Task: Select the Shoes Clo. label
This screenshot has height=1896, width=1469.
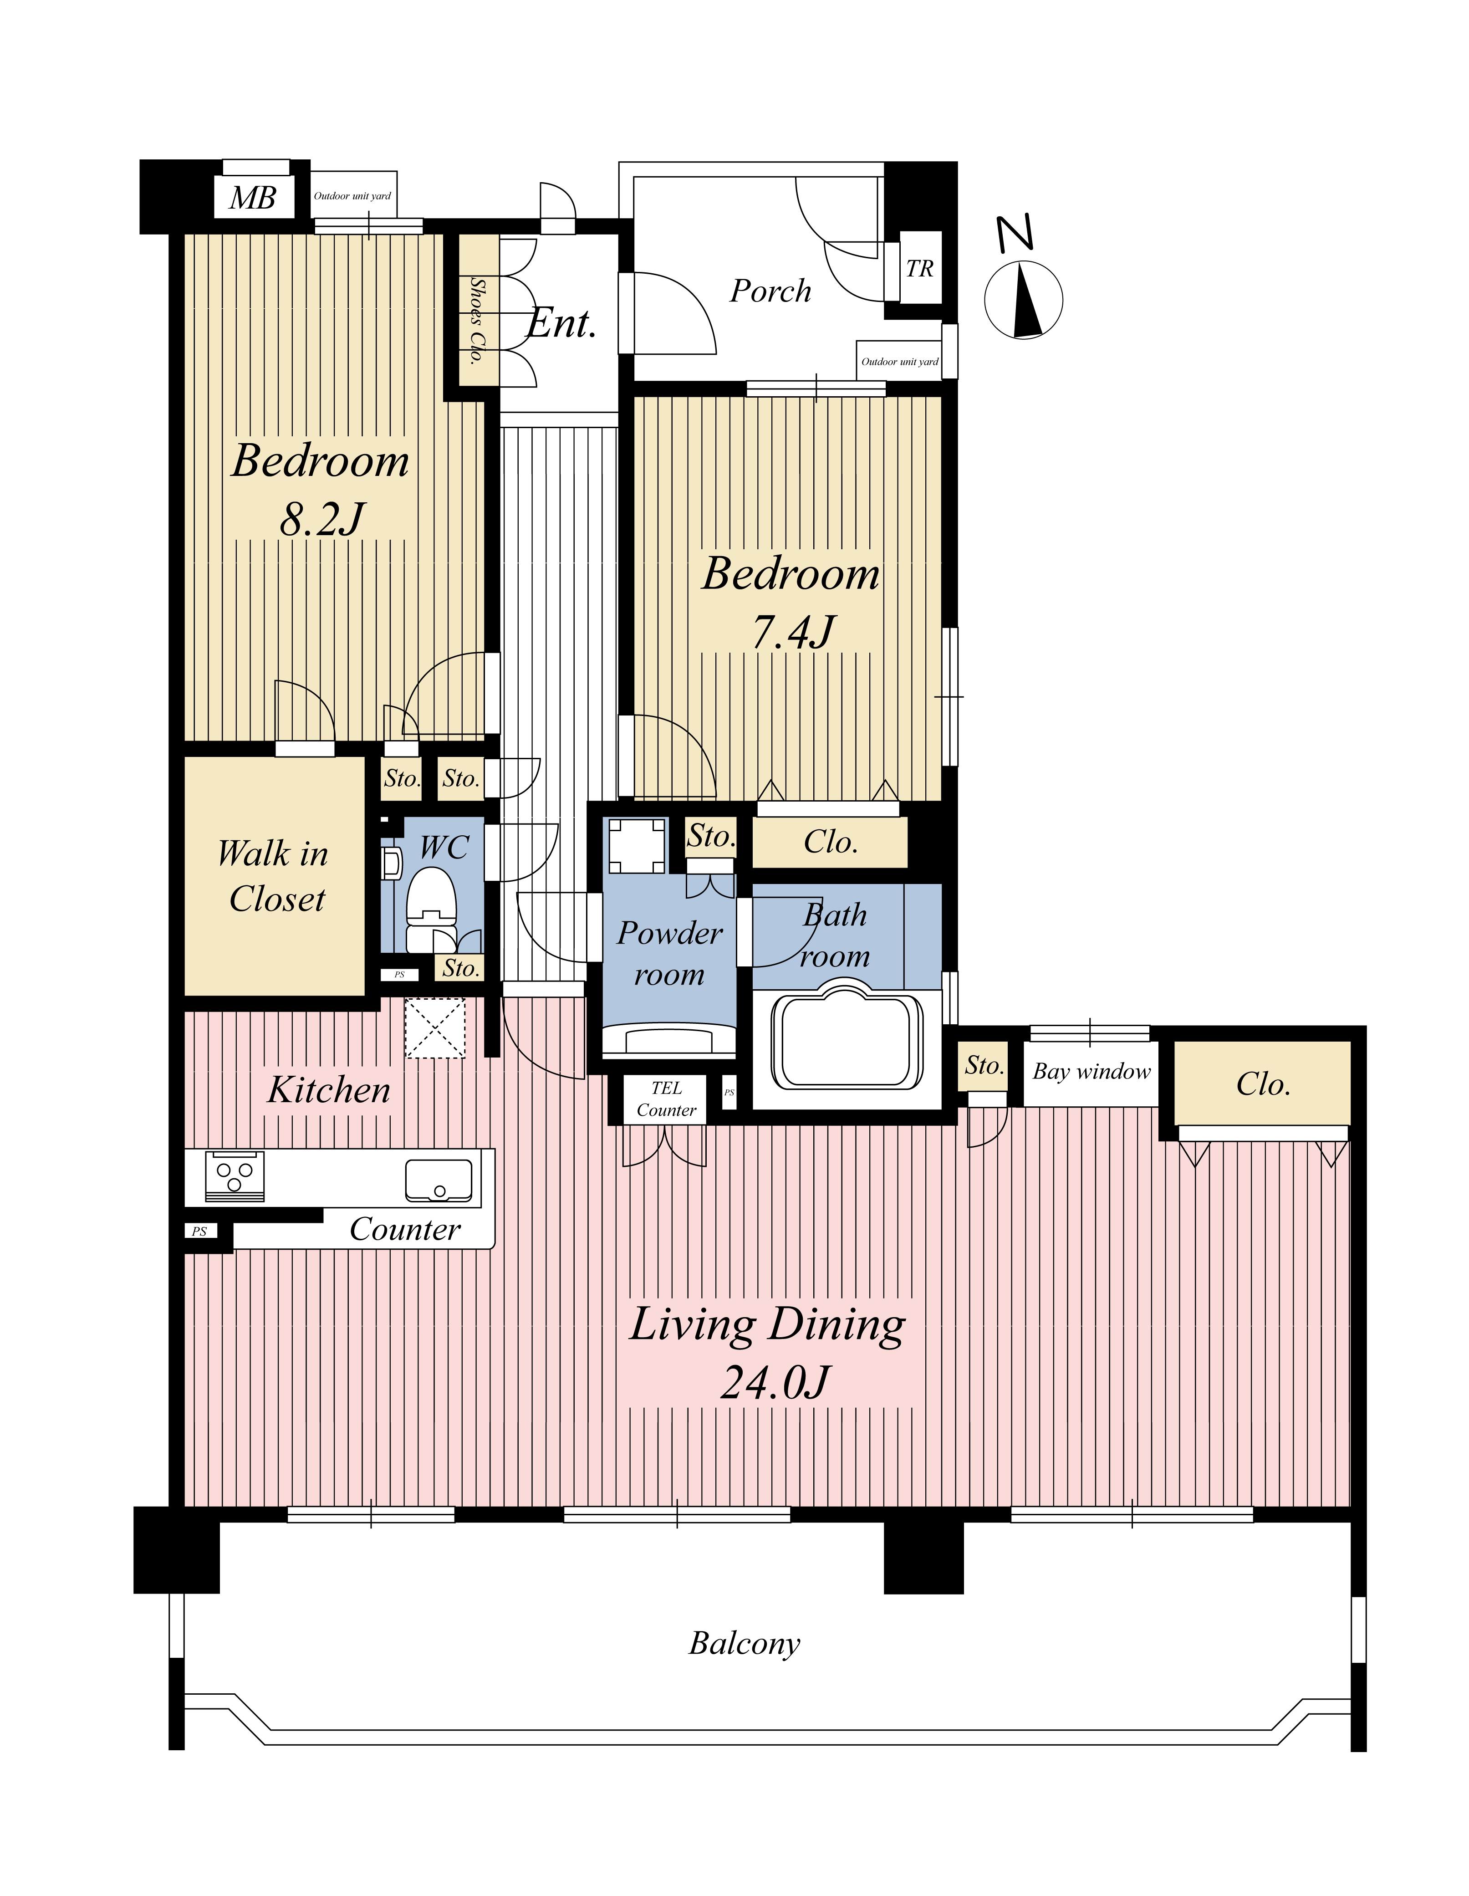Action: click(477, 320)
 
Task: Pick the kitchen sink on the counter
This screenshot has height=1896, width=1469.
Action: click(439, 1180)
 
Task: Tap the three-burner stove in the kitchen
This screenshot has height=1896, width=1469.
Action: click(235, 1176)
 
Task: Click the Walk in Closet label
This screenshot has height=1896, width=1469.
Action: click(274, 877)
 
